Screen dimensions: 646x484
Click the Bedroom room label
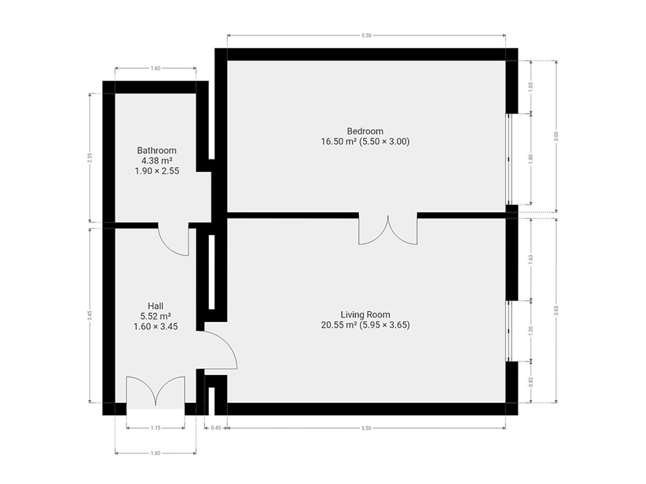364,131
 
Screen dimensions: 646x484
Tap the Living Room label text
365,315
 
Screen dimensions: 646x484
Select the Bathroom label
157,151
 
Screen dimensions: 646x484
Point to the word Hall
156,306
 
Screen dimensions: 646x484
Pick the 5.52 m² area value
156,316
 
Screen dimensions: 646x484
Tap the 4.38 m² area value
157,161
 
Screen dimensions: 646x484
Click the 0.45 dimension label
216,428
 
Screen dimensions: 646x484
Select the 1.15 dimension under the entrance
156,428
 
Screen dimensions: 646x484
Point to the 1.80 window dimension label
531,159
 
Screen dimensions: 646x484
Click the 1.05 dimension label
531,87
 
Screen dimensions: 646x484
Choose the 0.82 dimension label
531,382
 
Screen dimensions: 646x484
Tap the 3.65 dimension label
556,310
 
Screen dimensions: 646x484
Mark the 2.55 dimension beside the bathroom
90,158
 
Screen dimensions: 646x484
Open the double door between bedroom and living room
388,230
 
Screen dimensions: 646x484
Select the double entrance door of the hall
156,391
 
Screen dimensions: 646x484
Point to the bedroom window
509,159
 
